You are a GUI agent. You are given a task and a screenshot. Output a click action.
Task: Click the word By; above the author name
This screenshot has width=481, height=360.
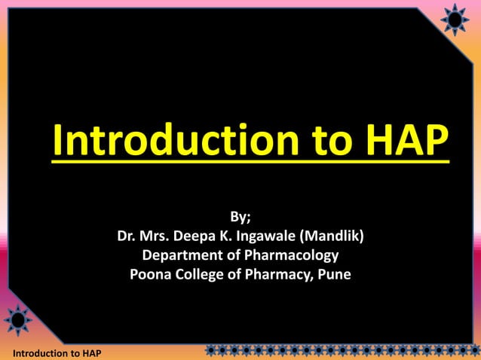(x=240, y=218)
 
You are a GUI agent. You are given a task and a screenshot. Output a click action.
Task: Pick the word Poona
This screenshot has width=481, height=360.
(x=149, y=274)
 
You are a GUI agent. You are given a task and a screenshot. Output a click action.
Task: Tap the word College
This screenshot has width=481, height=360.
(x=201, y=274)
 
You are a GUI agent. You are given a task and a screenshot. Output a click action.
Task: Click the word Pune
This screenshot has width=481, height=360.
(x=335, y=274)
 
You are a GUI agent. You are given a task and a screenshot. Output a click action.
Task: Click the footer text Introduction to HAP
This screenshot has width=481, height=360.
(x=52, y=353)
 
